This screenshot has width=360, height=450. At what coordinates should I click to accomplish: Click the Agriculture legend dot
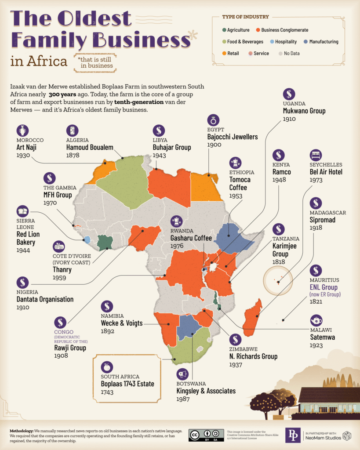coord(224,30)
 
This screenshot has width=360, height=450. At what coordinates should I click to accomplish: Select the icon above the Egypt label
coord(214,120)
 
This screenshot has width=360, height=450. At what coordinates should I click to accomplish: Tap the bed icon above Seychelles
coord(316,155)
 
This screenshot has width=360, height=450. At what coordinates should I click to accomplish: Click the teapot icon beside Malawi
coord(316,320)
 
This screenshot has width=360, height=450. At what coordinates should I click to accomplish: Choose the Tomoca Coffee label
coord(240,183)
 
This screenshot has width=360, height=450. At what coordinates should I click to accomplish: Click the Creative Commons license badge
coord(206,435)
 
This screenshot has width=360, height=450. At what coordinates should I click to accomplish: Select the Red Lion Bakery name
coord(26,238)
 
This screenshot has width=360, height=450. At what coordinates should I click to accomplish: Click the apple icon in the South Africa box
coord(107,367)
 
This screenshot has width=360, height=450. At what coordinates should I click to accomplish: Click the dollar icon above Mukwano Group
coord(289,94)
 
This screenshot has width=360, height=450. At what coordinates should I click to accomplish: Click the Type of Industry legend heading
coord(246,17)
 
